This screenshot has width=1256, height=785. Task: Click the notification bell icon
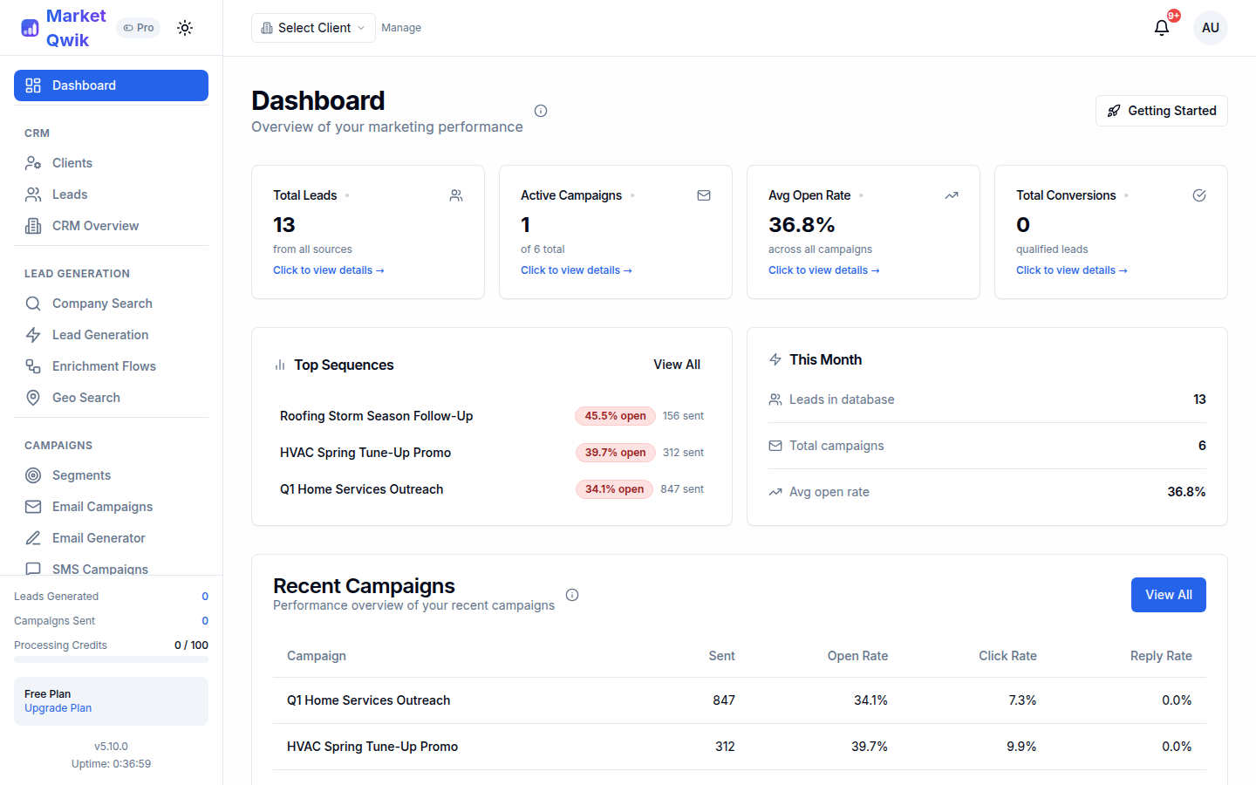1162,28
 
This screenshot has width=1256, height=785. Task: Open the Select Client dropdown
313,28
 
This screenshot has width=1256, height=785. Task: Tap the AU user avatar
1210,28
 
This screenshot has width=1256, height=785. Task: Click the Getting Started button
1161,111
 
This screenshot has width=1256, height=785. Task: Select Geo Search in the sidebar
85,398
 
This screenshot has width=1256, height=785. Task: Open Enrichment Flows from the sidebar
103,366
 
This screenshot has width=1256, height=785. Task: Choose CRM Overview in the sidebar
95,226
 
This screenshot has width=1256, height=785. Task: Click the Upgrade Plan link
58,708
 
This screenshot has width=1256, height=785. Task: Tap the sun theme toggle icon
185,28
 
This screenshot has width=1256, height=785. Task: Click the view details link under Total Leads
328,270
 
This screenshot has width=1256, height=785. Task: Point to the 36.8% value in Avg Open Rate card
802,225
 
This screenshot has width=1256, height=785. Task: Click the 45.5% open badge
615,416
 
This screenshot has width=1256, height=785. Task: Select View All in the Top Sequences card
677,365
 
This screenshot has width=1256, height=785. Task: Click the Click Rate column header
1007,656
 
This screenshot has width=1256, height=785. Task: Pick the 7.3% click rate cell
1022,700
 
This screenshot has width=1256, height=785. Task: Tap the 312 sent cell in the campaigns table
725,747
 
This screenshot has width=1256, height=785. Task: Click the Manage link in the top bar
401,28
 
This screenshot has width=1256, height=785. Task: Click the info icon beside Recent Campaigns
572,595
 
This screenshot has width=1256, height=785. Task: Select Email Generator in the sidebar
99,538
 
